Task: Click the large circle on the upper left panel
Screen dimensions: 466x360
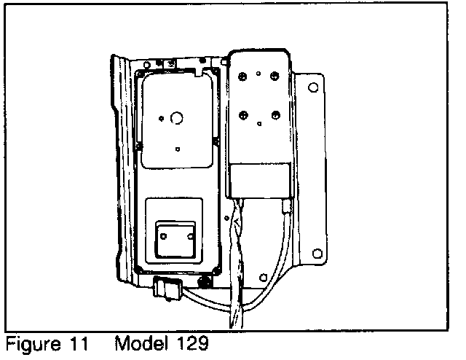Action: click(176, 117)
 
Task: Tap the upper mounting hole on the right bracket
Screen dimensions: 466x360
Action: click(313, 87)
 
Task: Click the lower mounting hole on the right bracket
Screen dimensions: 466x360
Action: click(316, 254)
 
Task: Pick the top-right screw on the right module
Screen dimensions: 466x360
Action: click(275, 74)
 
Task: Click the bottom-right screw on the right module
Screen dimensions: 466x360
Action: click(275, 114)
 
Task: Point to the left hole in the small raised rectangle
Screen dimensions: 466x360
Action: click(165, 236)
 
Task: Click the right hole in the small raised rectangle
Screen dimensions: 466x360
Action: click(190, 236)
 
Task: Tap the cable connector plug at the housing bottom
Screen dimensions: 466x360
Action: click(166, 289)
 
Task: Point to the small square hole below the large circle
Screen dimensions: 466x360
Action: click(177, 149)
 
